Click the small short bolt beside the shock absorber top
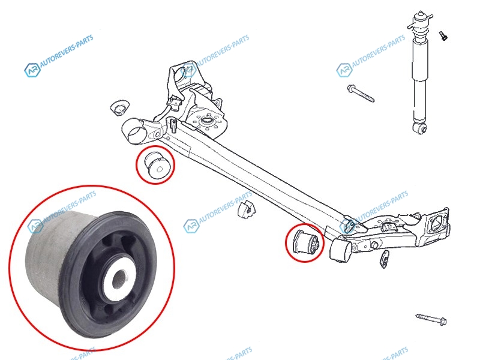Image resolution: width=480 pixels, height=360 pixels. [x=443, y=36]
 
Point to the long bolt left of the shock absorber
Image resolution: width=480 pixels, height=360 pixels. [x=361, y=93]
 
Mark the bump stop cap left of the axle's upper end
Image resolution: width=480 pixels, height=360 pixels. [x=119, y=107]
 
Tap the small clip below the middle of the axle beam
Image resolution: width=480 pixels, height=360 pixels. [x=247, y=209]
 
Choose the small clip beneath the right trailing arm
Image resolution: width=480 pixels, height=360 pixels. [x=385, y=259]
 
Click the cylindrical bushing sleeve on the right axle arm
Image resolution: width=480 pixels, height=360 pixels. [x=341, y=250]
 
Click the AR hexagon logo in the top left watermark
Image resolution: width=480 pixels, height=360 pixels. [x=32, y=70]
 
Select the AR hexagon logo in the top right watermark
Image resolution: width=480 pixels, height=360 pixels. [x=344, y=70]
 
